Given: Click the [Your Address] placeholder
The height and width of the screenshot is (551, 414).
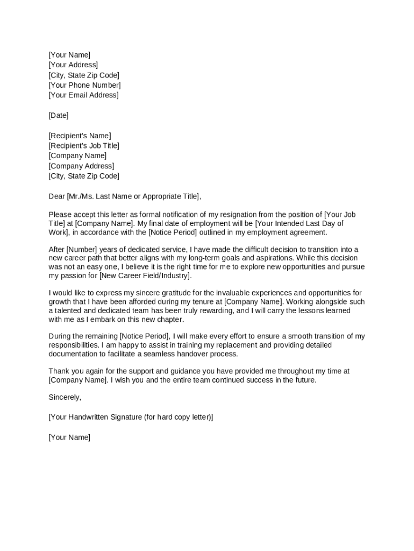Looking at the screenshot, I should pos(73,65).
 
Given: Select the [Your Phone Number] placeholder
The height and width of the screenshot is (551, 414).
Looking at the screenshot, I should pos(84,85).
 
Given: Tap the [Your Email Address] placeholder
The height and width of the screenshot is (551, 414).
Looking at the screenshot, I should pos(83,95).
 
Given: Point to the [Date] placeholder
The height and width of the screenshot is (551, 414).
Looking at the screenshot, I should pos(59,116).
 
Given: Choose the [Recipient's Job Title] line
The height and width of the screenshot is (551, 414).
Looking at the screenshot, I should pos(84,146).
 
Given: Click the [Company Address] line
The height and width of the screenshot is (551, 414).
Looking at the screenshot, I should pos(81,166).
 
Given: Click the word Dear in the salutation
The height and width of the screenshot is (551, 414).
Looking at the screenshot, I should pos(56,196).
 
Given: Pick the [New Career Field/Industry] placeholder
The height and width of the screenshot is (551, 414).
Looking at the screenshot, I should pos(145,276).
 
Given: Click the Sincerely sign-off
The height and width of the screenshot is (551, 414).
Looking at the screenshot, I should pos(65,397).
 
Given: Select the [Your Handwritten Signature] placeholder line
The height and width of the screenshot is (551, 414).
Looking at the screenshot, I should pos(131,417).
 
